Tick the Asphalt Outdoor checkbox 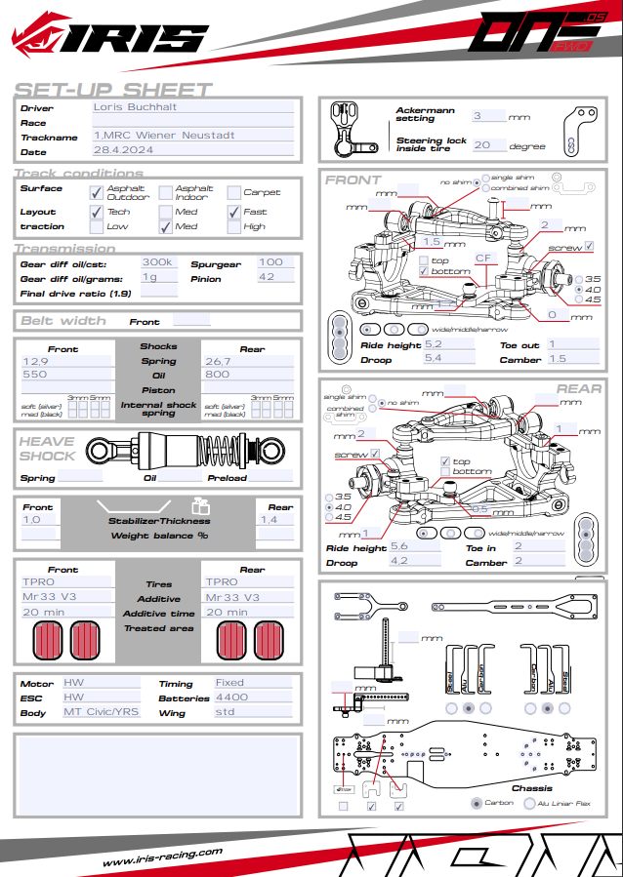[x=97, y=192]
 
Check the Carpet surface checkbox [x=234, y=192]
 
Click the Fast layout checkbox [x=234, y=211]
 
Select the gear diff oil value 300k [x=157, y=262]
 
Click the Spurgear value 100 [x=270, y=262]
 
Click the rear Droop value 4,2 [x=399, y=562]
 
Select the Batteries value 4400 [x=231, y=698]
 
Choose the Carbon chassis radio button [x=476, y=803]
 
